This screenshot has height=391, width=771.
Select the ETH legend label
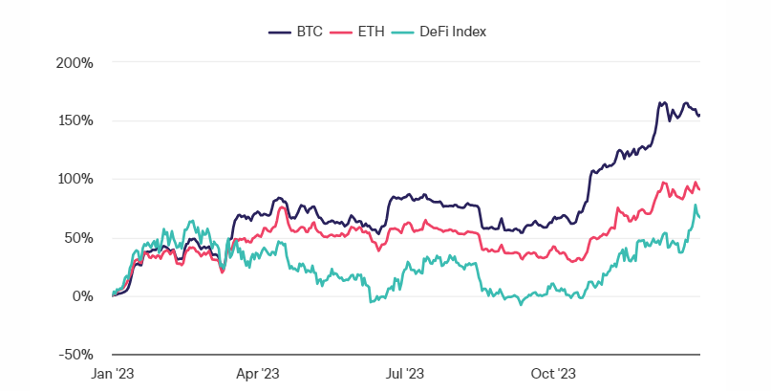[x=370, y=32]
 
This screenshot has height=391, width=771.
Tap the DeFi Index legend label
[x=454, y=32]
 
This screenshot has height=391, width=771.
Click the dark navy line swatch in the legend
[x=280, y=32]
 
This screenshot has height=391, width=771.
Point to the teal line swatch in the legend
[x=404, y=32]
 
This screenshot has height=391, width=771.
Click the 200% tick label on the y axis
[x=75, y=63]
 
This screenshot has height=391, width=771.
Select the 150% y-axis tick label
[x=75, y=121]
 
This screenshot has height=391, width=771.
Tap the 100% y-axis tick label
[x=75, y=180]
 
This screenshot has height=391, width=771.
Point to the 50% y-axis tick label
[x=78, y=238]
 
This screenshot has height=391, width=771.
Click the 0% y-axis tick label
[x=82, y=296]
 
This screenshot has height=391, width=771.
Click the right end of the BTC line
[x=699, y=116]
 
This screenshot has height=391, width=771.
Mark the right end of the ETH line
[x=699, y=189]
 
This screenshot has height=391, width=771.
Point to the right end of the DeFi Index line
[x=699, y=217]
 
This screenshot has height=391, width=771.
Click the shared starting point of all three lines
[x=113, y=295]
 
